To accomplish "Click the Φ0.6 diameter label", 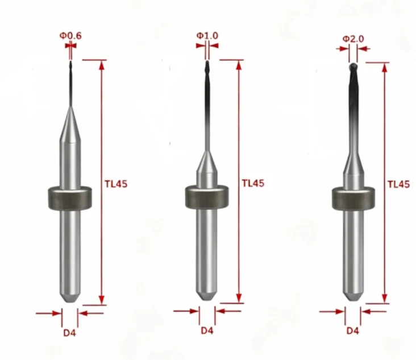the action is coord(70,36).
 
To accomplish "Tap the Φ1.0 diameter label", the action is coord(207,36).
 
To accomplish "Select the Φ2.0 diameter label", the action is coord(353,39).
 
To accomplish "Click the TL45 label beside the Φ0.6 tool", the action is coord(116,184).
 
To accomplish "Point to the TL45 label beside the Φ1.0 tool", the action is coord(253,183).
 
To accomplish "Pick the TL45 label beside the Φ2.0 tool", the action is coord(399,184).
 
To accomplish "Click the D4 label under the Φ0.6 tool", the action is coord(69,333).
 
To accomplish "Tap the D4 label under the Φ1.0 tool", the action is coord(207,330).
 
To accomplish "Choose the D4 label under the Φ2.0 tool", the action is coord(353,331).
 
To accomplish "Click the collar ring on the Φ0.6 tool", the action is coord(70,198).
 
